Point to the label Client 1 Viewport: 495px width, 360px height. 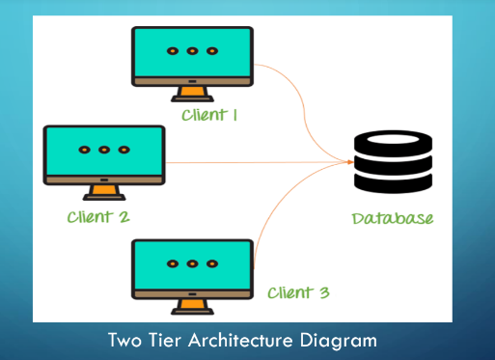209,116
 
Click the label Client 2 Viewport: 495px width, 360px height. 98,216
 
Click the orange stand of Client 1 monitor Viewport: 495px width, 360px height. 193,94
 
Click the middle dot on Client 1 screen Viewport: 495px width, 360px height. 192,50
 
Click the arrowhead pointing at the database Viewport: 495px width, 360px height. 349,161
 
